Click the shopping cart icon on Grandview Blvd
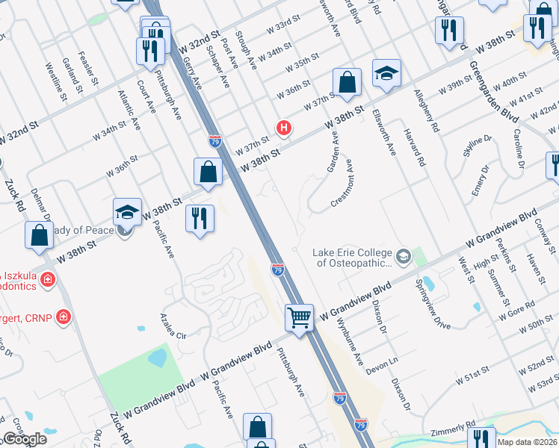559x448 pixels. pos(300,317)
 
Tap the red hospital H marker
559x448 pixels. pos(283,128)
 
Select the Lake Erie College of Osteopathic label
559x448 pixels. pos(352,258)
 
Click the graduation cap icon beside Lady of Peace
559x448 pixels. pos(127,212)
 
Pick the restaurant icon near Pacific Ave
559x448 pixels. pos(200,219)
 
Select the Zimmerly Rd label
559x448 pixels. pos(453,433)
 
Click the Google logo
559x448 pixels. pos(24,439)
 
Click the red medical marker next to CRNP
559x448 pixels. pos(64,317)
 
